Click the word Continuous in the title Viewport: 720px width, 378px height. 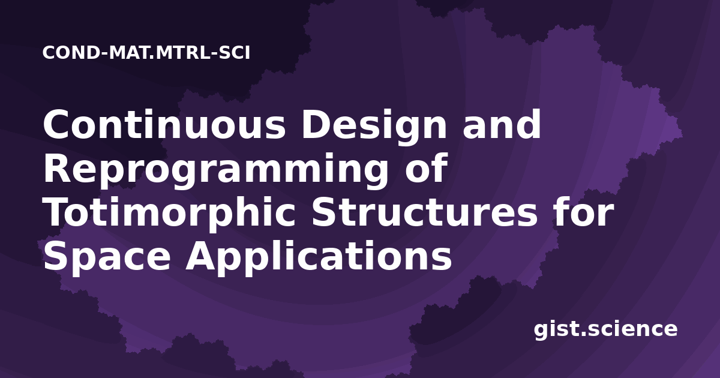pos(164,124)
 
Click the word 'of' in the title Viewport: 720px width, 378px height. pos(427,167)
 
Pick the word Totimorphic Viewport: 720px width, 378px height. pos(169,212)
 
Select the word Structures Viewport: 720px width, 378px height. pos(425,212)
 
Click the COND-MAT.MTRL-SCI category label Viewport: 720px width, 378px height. pos(146,53)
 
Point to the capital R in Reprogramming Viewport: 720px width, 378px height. pos(57,168)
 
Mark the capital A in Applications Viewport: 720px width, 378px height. pos(202,256)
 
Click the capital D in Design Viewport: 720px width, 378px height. pos(316,124)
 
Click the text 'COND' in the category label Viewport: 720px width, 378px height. pos(71,53)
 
